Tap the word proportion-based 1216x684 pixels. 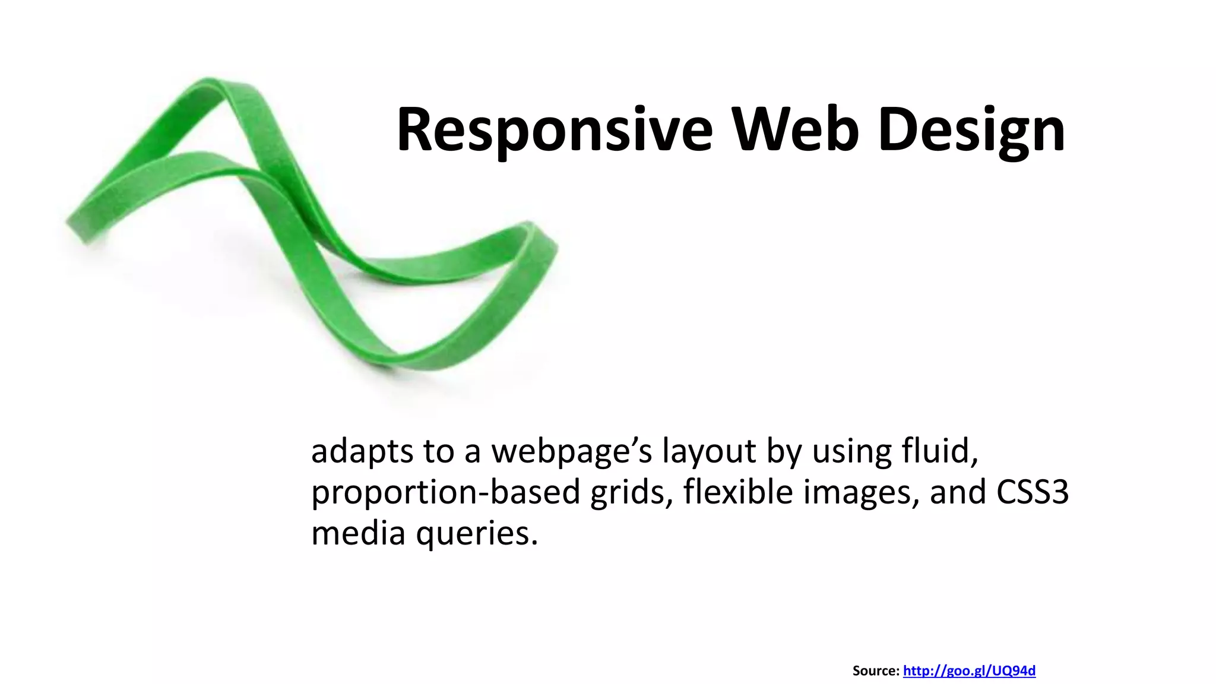point(445,493)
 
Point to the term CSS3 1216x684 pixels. point(1033,492)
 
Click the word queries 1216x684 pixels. point(477,534)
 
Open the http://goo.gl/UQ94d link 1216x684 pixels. point(969,671)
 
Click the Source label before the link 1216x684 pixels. point(876,671)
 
